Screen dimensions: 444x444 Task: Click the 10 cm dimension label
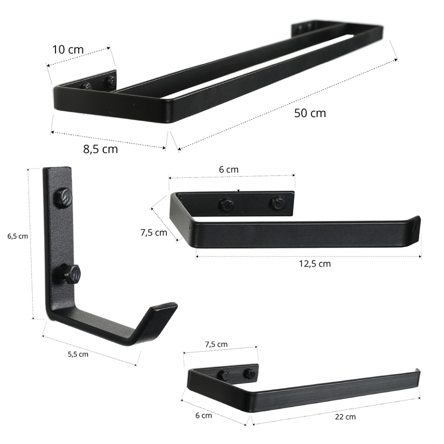[x=68, y=49]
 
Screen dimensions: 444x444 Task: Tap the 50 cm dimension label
[x=310, y=113]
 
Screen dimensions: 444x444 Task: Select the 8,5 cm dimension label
[x=101, y=149]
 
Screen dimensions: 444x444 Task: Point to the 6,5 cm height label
[x=17, y=236]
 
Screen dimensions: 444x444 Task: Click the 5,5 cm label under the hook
[x=78, y=354]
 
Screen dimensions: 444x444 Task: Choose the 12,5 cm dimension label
[x=315, y=264]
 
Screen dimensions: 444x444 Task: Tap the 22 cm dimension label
[x=345, y=417]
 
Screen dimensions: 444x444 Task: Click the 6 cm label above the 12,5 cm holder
[x=229, y=170]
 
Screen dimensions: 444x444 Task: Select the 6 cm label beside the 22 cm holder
[x=203, y=416]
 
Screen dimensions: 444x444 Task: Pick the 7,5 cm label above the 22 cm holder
[x=216, y=344]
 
